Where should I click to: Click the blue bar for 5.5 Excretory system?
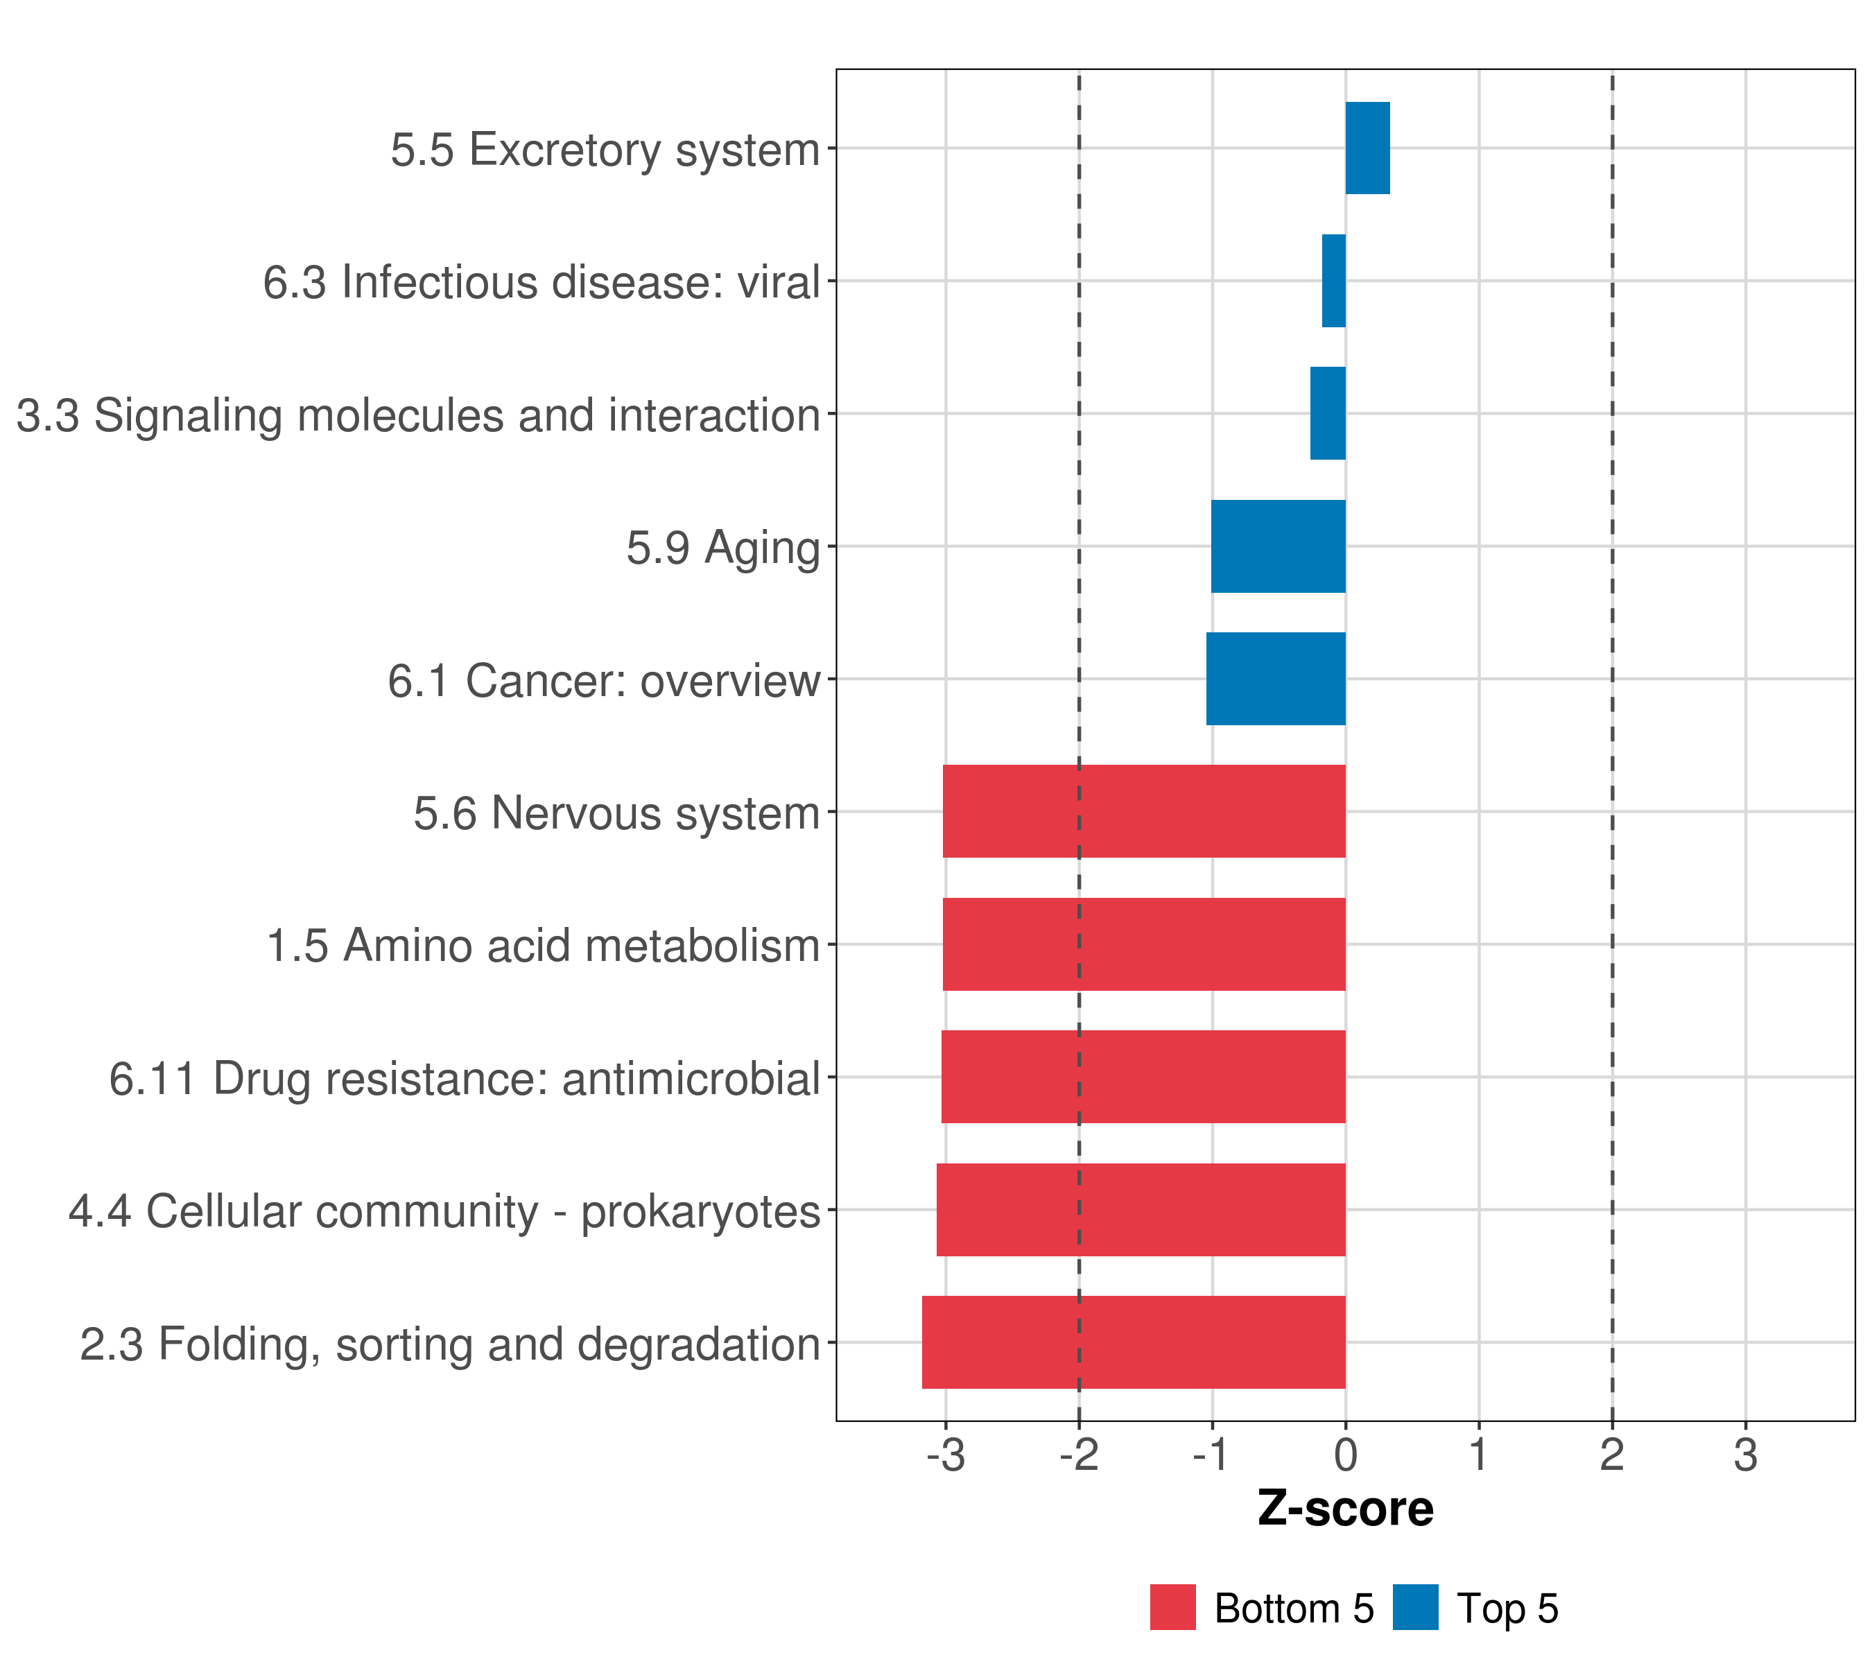pos(1367,148)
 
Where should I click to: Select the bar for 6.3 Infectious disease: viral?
pos(1333,281)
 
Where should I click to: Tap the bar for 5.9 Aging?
pos(1278,547)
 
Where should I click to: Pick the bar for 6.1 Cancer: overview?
pos(1275,679)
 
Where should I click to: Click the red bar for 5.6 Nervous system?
pos(1144,811)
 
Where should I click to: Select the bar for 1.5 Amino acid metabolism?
pos(1144,944)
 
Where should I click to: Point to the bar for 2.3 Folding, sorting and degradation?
pos(1133,1342)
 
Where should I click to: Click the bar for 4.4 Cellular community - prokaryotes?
pos(1141,1210)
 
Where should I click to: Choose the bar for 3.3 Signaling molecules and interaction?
pos(1327,414)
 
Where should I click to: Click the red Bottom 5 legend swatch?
pos(1172,1607)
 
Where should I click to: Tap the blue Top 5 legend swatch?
pos(1415,1607)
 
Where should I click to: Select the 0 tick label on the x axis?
pos(1345,1455)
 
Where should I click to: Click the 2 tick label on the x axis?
pos(1612,1455)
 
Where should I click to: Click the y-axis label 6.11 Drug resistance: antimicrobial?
pos(465,1078)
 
